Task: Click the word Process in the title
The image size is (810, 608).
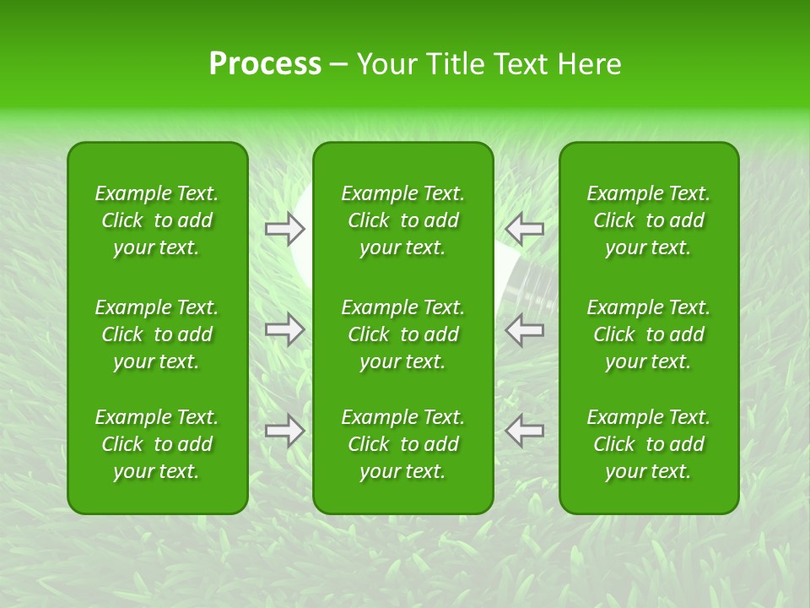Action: coord(265,64)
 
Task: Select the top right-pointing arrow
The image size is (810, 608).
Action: coord(284,228)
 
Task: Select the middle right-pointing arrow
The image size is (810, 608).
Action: coord(284,329)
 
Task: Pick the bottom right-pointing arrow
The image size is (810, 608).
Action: coord(284,431)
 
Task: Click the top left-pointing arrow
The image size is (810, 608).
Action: coord(525,228)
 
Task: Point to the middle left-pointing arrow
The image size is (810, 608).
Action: coord(525,329)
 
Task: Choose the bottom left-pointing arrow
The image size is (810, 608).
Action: coord(525,431)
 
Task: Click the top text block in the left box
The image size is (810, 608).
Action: coord(157,220)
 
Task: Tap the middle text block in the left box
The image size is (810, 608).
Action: coord(157,334)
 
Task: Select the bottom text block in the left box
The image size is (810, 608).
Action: coord(157,444)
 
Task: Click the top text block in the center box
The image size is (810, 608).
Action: coord(402,220)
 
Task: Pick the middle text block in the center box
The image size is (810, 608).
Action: coord(402,334)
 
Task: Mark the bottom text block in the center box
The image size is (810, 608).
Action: coord(402,444)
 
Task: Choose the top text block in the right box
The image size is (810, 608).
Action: coord(648,220)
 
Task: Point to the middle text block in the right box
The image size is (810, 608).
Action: coord(648,334)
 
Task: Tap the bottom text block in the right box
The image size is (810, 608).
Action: coord(648,444)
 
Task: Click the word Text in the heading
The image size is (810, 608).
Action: coord(519,64)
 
